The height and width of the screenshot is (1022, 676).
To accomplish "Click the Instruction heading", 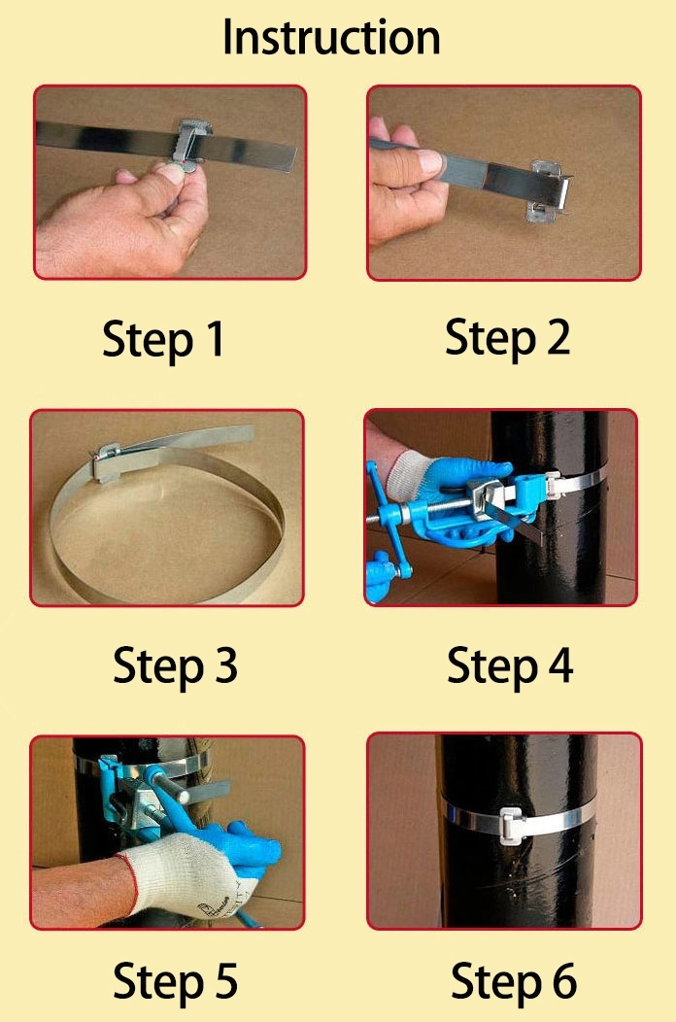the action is [x=331, y=37].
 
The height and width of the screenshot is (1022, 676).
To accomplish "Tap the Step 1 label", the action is [x=163, y=340].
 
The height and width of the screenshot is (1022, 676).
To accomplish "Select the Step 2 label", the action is [x=507, y=338].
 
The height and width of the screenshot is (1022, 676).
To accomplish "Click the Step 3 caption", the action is [x=175, y=666].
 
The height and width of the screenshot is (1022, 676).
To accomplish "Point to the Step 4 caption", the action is [x=510, y=666].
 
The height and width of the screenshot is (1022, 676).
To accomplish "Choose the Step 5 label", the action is [x=175, y=981].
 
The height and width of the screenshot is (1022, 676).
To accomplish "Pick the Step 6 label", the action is [x=514, y=981].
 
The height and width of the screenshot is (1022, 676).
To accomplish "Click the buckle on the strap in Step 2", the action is [x=550, y=189].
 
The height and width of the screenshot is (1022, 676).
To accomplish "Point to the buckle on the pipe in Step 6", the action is [x=512, y=825].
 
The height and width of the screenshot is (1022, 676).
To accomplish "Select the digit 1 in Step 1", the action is [x=214, y=338].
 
